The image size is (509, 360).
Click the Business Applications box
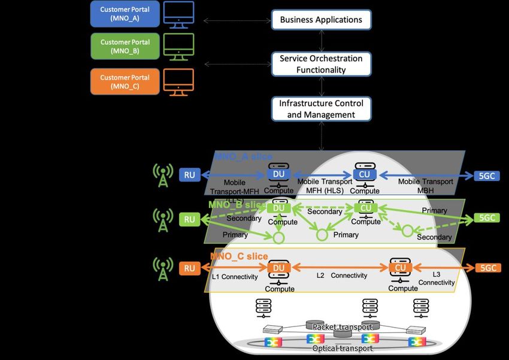[x=321, y=20]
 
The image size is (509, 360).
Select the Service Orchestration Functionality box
[x=321, y=64]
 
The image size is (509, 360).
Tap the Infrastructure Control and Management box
[x=321, y=109]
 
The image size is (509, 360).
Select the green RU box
[x=190, y=219]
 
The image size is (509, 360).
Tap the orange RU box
[x=190, y=269]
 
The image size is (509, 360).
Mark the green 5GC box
[x=486, y=218]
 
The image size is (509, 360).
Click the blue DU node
[x=278, y=174]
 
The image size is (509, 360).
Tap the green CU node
[x=365, y=208]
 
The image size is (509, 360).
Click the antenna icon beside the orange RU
[x=162, y=269]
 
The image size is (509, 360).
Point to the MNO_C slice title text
[x=238, y=256]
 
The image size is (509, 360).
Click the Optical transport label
[x=342, y=348]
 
